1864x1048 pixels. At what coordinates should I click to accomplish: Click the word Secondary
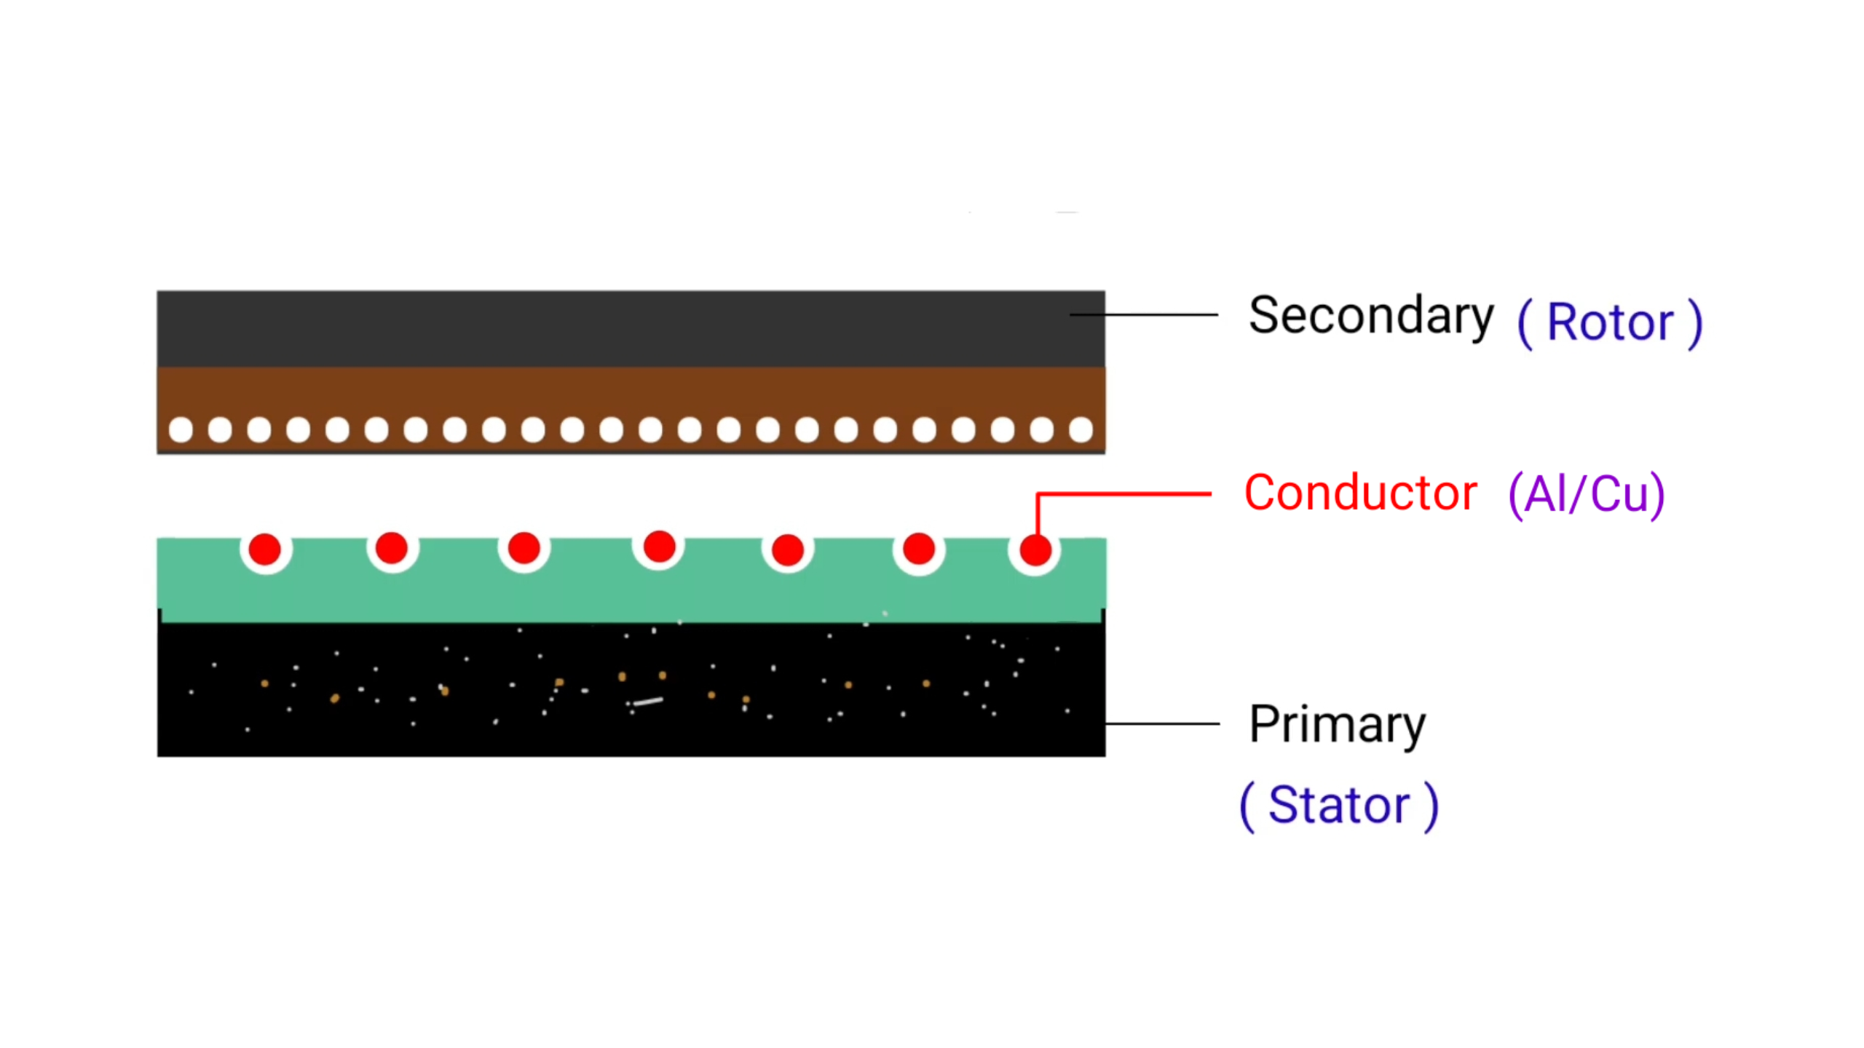pos(1370,316)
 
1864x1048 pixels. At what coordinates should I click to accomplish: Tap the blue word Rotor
pos(1609,322)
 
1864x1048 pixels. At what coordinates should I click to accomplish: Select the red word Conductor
pos(1360,493)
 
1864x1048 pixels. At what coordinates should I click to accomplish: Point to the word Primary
pos(1337,725)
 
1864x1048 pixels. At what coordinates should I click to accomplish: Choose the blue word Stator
pos(1338,806)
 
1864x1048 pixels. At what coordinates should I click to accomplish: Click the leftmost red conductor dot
pos(265,549)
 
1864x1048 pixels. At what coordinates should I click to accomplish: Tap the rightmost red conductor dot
pos(1035,550)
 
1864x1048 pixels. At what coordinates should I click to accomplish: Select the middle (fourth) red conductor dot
pos(659,547)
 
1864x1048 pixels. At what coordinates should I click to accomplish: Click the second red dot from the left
pos(392,548)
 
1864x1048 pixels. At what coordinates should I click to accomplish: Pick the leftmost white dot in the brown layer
pos(181,430)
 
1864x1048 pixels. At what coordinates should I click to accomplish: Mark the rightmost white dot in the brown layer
pos(1081,430)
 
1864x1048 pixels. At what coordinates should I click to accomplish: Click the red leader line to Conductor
pos(1125,494)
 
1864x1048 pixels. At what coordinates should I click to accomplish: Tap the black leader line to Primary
pos(1162,724)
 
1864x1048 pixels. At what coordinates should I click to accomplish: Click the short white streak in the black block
pos(647,702)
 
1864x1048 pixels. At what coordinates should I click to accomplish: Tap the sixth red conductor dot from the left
pos(919,549)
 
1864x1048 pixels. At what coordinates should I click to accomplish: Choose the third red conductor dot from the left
pos(524,548)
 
